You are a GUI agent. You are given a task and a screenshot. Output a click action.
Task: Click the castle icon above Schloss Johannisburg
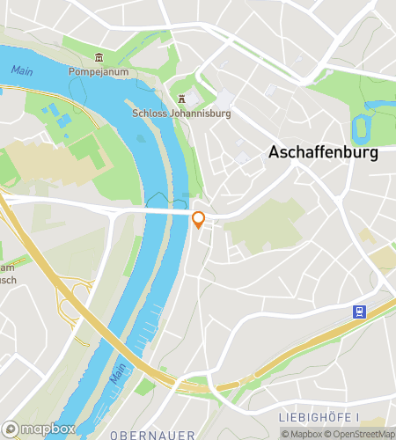tap(181, 99)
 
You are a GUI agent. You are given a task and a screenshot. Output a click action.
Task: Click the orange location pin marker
tap(199, 220)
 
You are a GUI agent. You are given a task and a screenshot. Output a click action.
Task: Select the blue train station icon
tap(359, 312)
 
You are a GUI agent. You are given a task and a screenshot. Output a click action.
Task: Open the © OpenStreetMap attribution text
tap(361, 434)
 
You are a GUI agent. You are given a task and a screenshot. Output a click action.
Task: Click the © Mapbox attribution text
tap(301, 434)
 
